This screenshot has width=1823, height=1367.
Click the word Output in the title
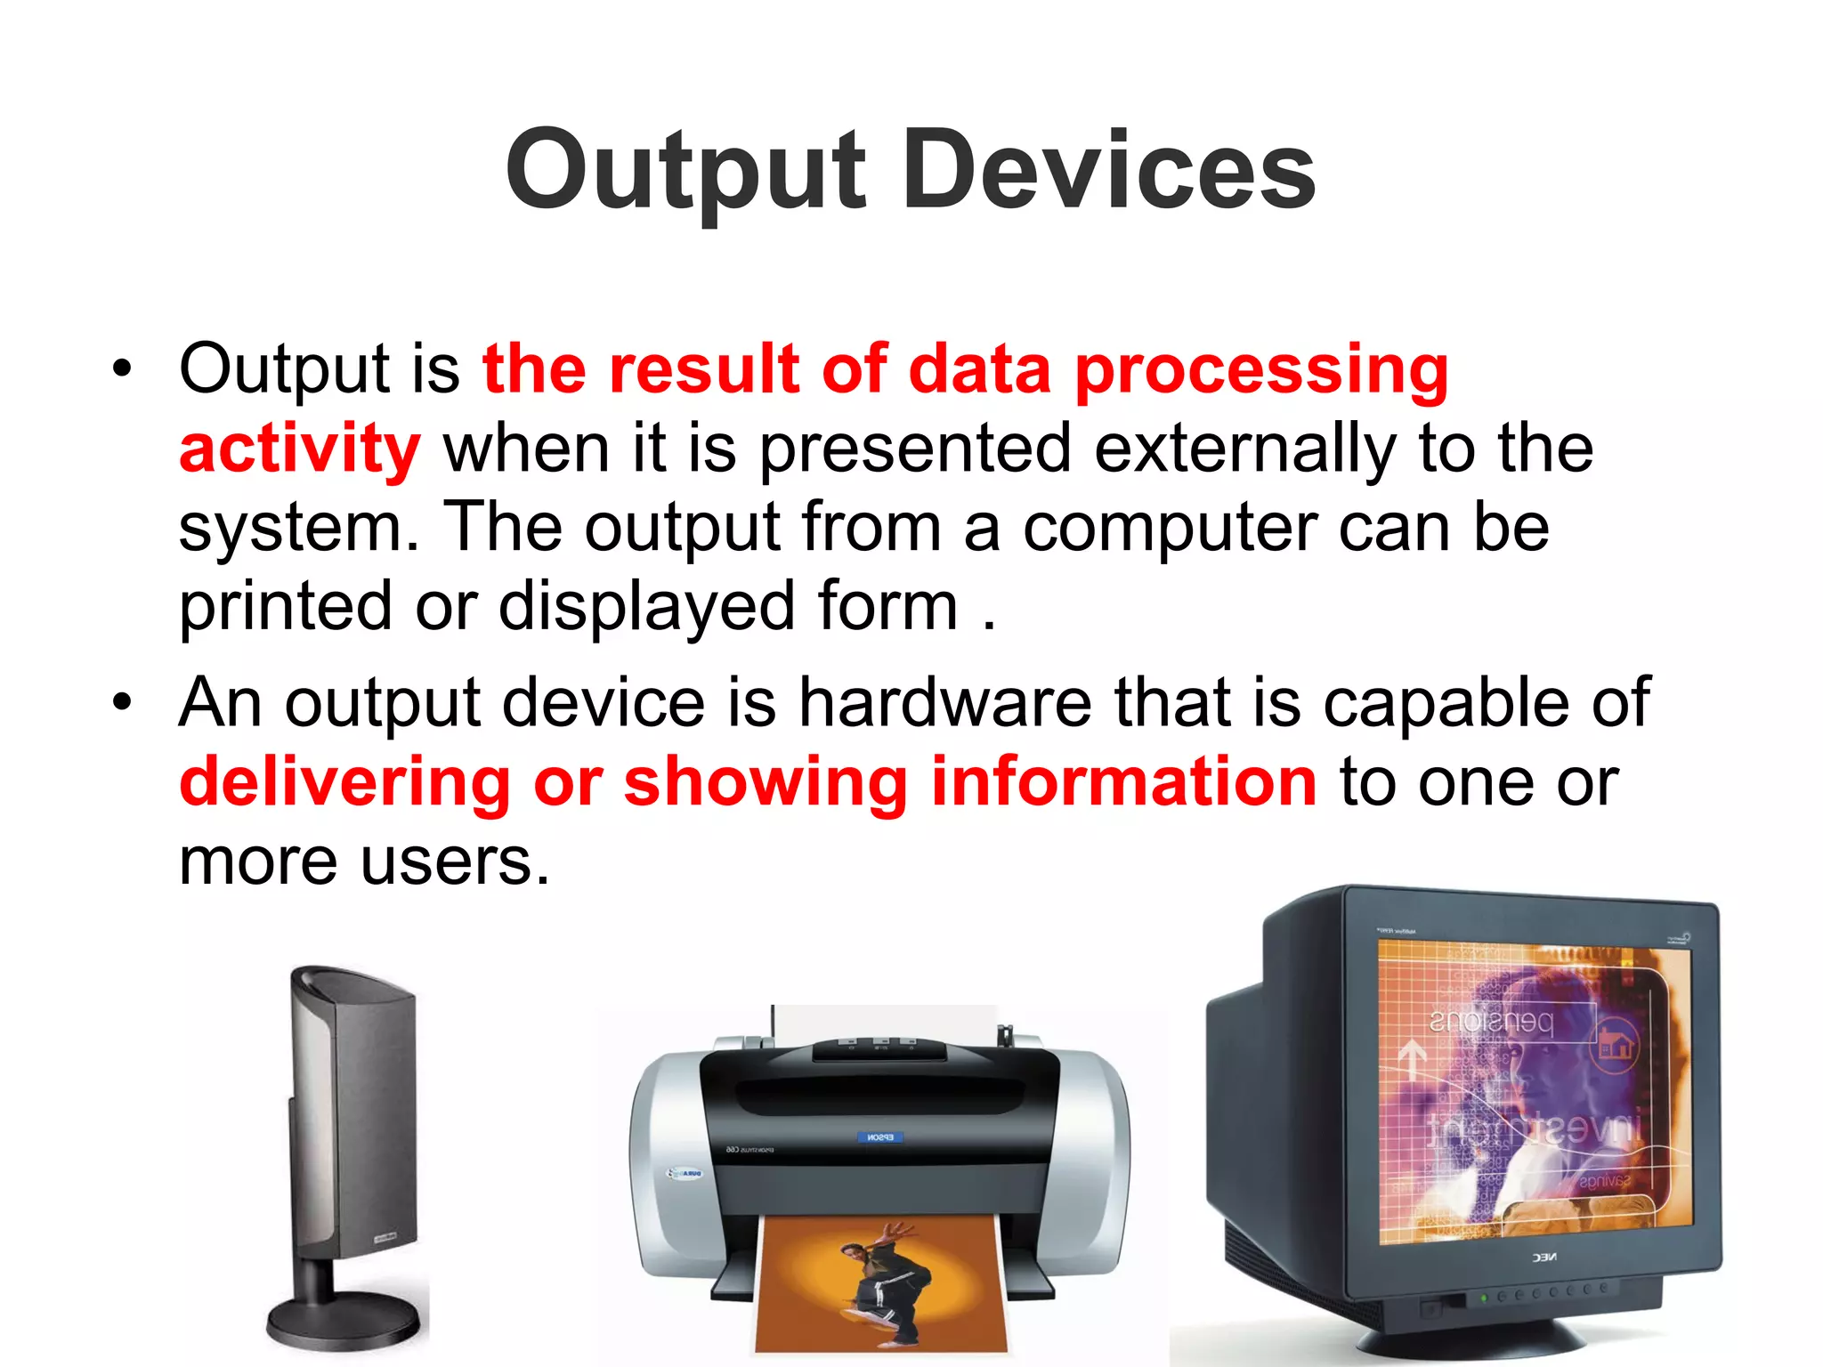pyautogui.click(x=685, y=171)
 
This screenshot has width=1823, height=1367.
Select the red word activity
pyautogui.click(x=299, y=449)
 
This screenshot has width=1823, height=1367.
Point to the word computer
pyautogui.click(x=1169, y=527)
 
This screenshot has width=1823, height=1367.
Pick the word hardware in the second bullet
pyautogui.click(x=944, y=703)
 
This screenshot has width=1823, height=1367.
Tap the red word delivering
pyautogui.click(x=344, y=782)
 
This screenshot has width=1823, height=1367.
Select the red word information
pyautogui.click(x=1123, y=782)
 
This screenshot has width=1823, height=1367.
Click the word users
pyautogui.click(x=454, y=861)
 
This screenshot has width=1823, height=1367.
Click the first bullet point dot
pyautogui.click(x=122, y=368)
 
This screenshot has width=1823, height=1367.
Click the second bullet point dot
pyautogui.click(x=122, y=702)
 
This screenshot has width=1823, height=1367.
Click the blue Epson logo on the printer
pyautogui.click(x=879, y=1137)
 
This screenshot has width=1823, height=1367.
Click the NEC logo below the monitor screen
pyautogui.click(x=1543, y=1258)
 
